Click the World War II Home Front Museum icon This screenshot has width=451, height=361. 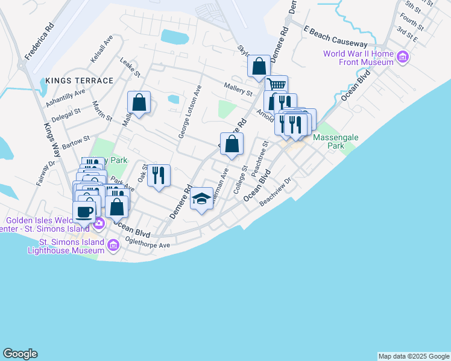click(403, 58)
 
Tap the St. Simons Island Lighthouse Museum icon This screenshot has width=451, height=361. click(113, 245)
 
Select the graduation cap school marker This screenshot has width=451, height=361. click(201, 199)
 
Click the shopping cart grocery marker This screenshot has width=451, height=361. click(276, 85)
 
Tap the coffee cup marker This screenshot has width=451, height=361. click(84, 211)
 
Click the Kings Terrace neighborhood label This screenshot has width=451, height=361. click(79, 81)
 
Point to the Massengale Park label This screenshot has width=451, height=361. click(336, 141)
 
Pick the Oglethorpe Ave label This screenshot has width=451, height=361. click(148, 242)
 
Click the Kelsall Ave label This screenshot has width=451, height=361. click(101, 49)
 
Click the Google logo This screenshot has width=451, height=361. click(20, 354)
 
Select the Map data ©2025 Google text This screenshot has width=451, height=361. click(414, 356)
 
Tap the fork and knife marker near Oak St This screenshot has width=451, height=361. click(159, 175)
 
